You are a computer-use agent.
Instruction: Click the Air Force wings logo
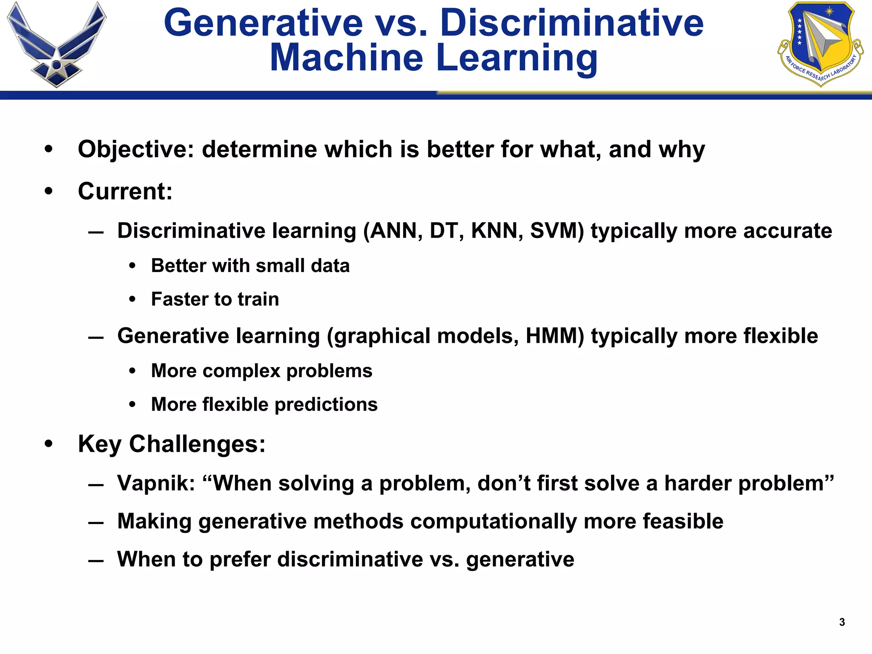click(57, 45)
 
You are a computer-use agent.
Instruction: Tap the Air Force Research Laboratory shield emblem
click(820, 43)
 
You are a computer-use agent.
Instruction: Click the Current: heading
click(125, 191)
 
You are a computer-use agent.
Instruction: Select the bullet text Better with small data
click(250, 266)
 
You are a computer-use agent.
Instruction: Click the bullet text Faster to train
click(215, 299)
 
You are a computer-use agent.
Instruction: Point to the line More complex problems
click(261, 371)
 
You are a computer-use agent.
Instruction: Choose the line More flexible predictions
click(264, 404)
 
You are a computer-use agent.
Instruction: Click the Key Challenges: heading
click(172, 444)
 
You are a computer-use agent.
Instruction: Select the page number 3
click(842, 622)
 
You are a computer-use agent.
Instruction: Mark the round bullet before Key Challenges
click(49, 444)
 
